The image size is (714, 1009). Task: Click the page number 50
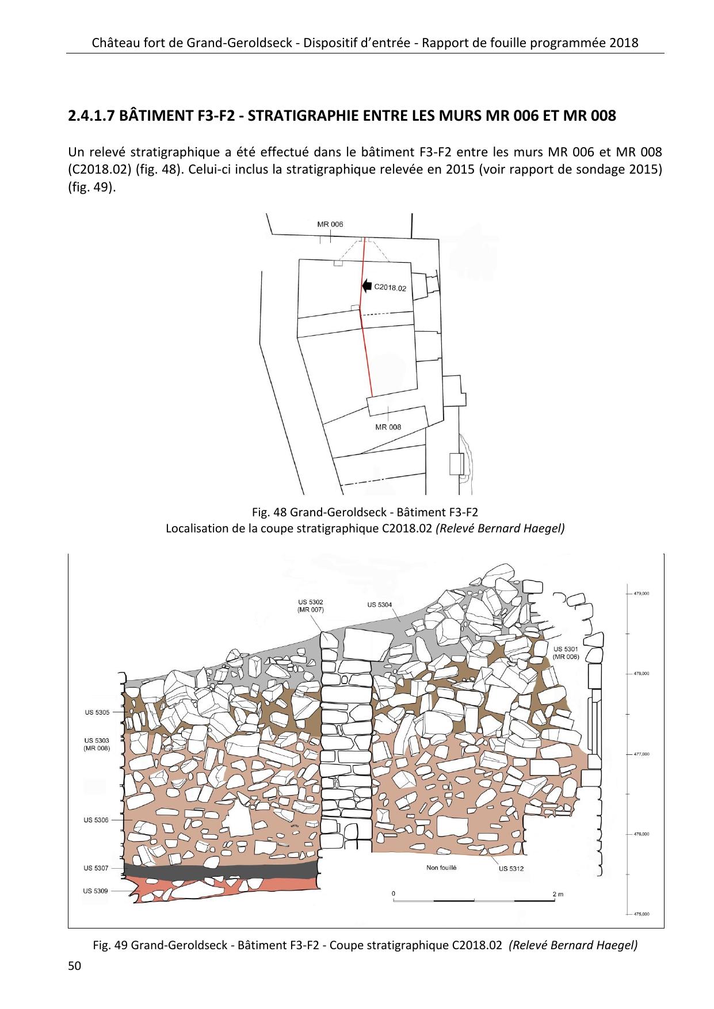[74, 966]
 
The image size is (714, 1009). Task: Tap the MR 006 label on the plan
[330, 224]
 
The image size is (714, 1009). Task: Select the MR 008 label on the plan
[388, 427]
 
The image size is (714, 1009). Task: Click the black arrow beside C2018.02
[366, 285]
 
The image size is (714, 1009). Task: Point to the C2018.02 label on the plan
[390, 287]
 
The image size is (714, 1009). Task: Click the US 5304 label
[379, 604]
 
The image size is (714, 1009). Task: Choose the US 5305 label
[97, 712]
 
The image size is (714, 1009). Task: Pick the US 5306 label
[96, 820]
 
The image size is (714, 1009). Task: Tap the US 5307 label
[96, 868]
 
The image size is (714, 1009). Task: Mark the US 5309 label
[96, 891]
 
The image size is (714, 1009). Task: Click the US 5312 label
[511, 869]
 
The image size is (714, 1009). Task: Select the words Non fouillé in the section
[441, 868]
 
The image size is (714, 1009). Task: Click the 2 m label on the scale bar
[557, 894]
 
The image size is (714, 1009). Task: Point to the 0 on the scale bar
[393, 893]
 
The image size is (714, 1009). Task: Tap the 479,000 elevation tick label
[642, 593]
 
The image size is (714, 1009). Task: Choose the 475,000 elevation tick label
[642, 914]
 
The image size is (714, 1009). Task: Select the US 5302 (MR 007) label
[311, 606]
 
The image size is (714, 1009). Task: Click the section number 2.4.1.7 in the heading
[93, 116]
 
